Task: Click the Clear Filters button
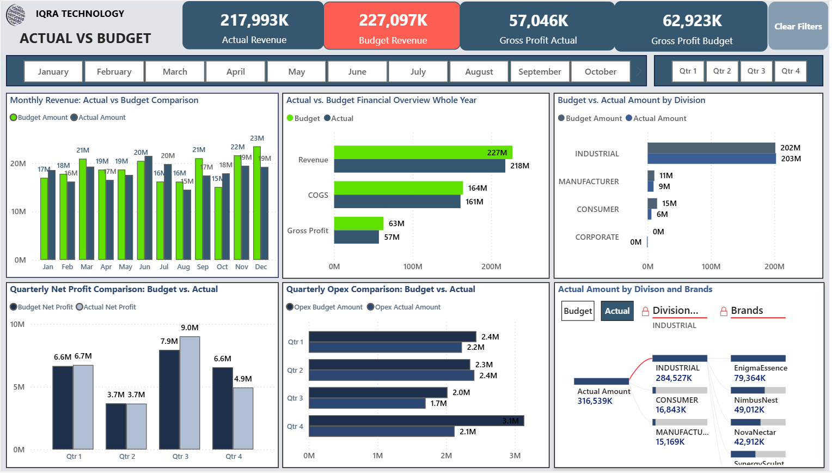[798, 26]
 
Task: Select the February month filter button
[114, 71]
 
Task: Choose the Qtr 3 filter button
[756, 71]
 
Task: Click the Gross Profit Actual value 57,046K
[538, 21]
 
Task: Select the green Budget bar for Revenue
[423, 153]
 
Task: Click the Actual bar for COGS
[397, 202]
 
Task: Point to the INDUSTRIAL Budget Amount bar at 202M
[711, 148]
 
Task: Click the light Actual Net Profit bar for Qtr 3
[189, 392]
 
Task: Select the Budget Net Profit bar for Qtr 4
[222, 408]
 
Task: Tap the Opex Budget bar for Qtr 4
[415, 421]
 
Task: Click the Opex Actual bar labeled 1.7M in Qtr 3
[366, 403]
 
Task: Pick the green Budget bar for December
[257, 203]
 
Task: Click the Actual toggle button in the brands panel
[617, 311]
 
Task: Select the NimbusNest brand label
[756, 400]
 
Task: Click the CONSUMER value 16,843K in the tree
[671, 410]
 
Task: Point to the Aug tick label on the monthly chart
[183, 267]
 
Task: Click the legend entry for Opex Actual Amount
[407, 307]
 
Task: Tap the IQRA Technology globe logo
[16, 15]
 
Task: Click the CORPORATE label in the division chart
[597, 237]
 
